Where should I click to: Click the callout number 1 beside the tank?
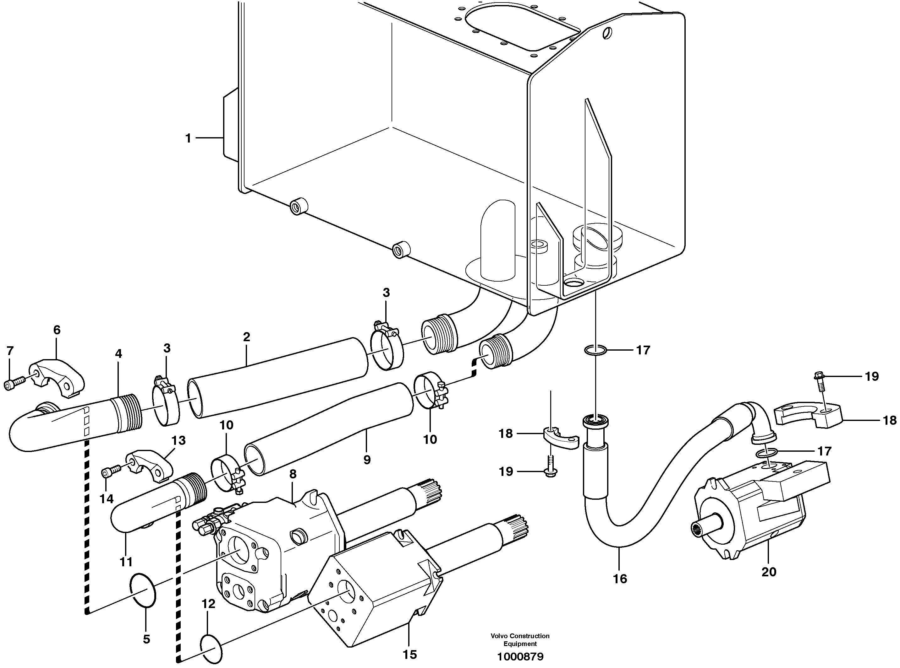pyautogui.click(x=188, y=138)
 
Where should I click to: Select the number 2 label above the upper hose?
pyautogui.click(x=246, y=337)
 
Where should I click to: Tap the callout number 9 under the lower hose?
pyautogui.click(x=367, y=460)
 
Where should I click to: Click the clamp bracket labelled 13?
pyautogui.click(x=151, y=466)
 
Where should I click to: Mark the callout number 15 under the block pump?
pyautogui.click(x=409, y=654)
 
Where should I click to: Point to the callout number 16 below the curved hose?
pyautogui.click(x=620, y=579)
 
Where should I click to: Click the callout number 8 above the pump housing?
pyautogui.click(x=293, y=474)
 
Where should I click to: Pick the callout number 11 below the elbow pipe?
pyautogui.click(x=126, y=562)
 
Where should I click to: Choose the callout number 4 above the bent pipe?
pyautogui.click(x=118, y=354)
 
